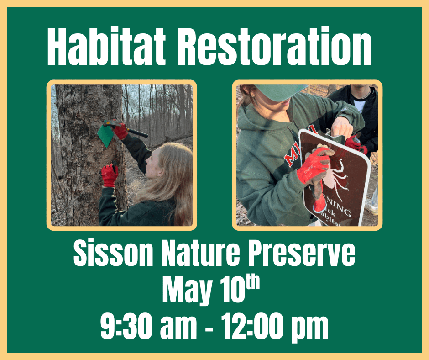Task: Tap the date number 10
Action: tap(232, 290)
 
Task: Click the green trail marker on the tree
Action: tap(106, 134)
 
